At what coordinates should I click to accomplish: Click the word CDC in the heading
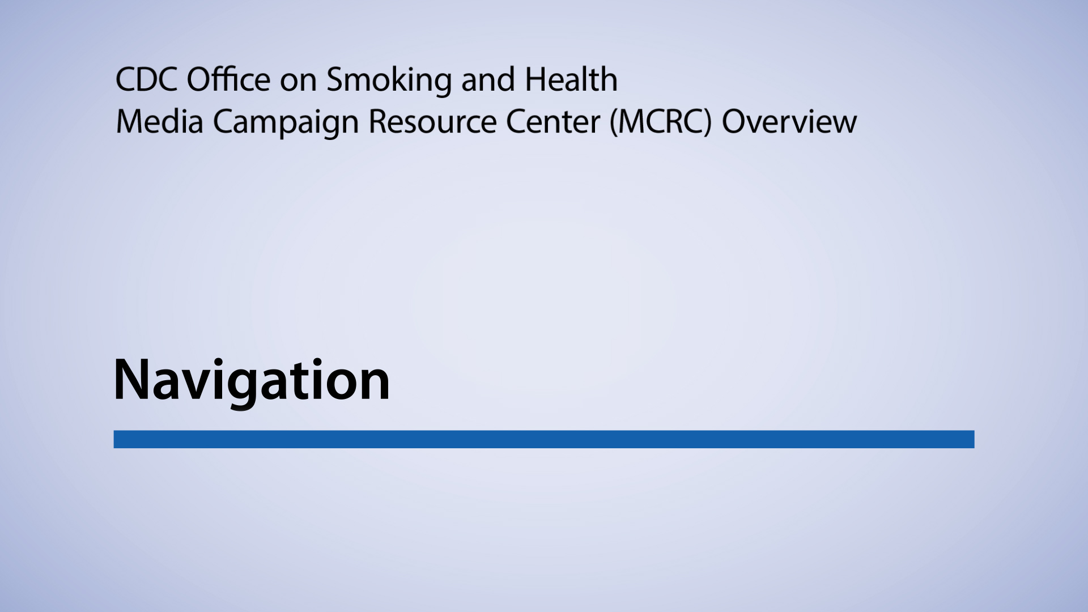point(146,79)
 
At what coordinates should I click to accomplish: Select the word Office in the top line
point(228,79)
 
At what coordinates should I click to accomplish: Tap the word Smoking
point(389,80)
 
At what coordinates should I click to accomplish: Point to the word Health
point(571,79)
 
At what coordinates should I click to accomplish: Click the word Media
point(159,122)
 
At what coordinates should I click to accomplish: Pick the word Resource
point(432,122)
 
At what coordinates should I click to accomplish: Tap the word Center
point(552,122)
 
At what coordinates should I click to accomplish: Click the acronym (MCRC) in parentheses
point(661,122)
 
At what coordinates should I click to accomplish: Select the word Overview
point(789,122)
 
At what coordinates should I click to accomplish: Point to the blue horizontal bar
point(544,439)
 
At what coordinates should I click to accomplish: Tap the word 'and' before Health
point(488,79)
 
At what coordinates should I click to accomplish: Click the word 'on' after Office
point(298,80)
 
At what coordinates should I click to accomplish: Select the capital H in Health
point(535,79)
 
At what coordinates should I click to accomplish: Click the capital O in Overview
point(736,122)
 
